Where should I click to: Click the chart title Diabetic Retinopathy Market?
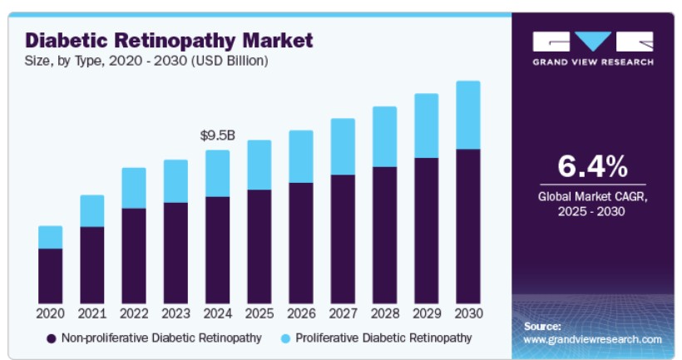click(x=169, y=39)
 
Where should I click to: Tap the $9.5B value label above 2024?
click(x=217, y=136)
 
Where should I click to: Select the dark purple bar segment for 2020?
click(x=50, y=275)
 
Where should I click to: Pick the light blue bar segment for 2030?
click(x=467, y=115)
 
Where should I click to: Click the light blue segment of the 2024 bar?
click(x=217, y=173)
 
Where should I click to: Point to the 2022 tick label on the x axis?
click(x=134, y=313)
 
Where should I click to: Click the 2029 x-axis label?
click(x=426, y=313)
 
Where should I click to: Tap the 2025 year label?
click(x=259, y=313)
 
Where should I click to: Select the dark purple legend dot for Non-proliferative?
click(x=51, y=338)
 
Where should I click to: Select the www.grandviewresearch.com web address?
click(x=593, y=339)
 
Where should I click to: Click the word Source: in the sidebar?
click(x=542, y=326)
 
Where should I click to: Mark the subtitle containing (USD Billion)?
click(x=146, y=61)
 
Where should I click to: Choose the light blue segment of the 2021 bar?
click(x=92, y=211)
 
